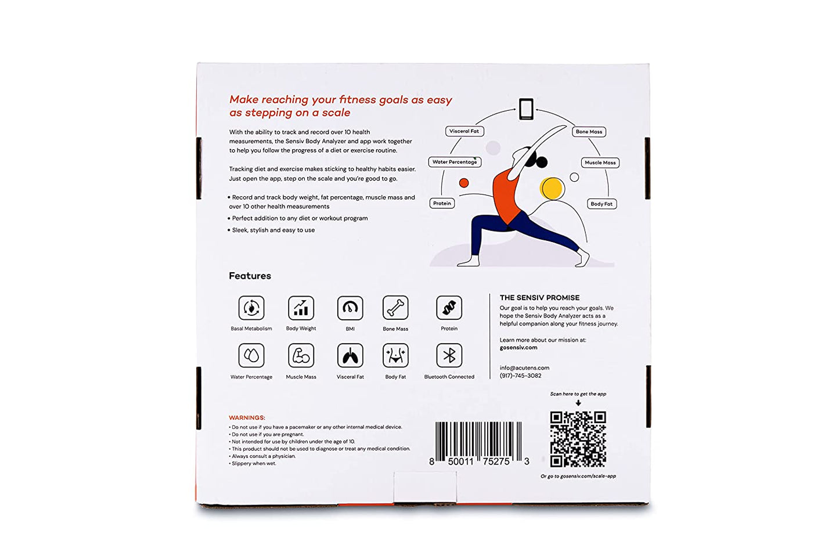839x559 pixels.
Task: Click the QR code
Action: [x=578, y=439]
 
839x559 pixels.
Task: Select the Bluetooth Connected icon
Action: [x=449, y=355]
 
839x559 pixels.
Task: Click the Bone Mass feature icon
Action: [x=395, y=308]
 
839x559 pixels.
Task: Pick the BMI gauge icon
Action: [x=350, y=308]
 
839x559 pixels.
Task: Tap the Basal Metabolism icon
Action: [x=251, y=308]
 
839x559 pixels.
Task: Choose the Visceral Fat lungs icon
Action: [x=350, y=355]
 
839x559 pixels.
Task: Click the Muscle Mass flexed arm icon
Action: [x=301, y=355]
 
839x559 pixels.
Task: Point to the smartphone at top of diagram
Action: [x=526, y=109]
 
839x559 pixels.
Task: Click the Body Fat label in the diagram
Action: [x=602, y=204]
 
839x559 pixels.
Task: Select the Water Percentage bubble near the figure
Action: [x=455, y=162]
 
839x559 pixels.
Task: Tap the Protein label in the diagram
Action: [x=442, y=203]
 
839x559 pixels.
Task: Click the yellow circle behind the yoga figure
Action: [x=552, y=188]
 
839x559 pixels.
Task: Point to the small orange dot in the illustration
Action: [x=463, y=183]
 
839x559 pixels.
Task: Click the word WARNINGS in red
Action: [x=247, y=417]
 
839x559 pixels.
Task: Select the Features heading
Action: [x=250, y=276]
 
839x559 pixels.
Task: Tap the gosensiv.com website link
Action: [x=518, y=348]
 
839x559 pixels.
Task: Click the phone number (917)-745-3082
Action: [x=520, y=376]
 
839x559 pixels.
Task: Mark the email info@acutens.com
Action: [x=524, y=367]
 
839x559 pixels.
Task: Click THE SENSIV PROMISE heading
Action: [x=539, y=298]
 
